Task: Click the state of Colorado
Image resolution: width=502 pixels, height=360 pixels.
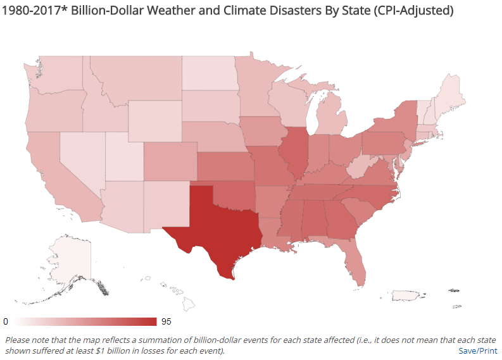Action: tap(170, 162)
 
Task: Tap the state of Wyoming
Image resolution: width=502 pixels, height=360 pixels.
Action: tap(154, 120)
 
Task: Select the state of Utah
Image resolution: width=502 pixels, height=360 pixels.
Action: tap(123, 156)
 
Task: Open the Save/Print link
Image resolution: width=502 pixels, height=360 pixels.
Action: tap(477, 350)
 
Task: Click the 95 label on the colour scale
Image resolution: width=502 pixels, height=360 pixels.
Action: tap(166, 321)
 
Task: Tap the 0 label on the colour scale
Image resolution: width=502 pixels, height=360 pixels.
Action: tap(6, 321)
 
